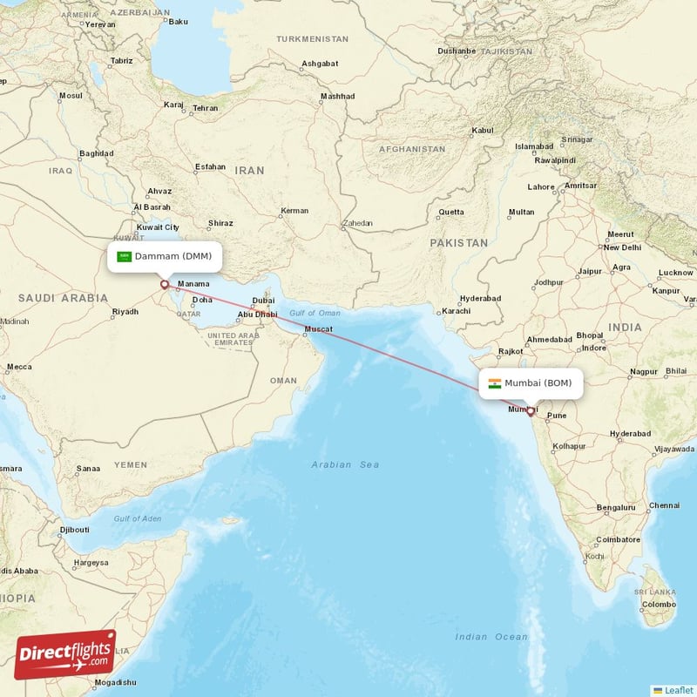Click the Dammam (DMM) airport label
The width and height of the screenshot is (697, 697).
tap(172, 256)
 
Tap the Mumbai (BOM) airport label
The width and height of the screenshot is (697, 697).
tap(538, 383)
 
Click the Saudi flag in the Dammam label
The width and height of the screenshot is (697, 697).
tap(124, 256)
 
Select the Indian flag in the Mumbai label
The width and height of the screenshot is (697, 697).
tap(494, 383)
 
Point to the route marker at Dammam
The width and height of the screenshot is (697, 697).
tap(164, 284)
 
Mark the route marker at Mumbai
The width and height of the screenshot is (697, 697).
tap(530, 411)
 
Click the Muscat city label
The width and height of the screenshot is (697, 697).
tap(317, 329)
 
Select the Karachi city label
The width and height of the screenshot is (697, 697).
tap(456, 311)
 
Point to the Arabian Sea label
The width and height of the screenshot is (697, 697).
tap(345, 465)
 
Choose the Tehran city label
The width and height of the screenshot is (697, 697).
tap(206, 108)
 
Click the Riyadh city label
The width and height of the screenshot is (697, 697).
tap(125, 311)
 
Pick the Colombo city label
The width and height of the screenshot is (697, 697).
tap(658, 604)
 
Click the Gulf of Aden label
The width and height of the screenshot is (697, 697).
tap(137, 519)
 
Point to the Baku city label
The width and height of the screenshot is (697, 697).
tap(178, 21)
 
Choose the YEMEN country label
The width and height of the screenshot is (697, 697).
tap(131, 465)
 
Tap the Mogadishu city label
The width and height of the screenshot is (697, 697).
tap(115, 682)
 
